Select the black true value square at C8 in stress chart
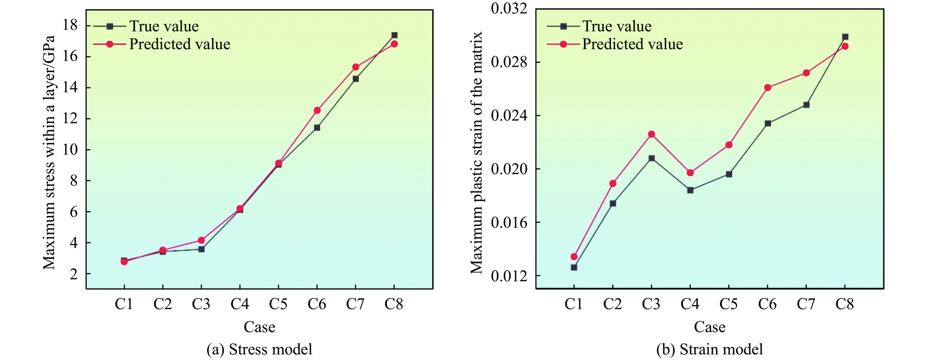point(394,35)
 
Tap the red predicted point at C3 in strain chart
point(651,134)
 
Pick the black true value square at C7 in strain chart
point(806,105)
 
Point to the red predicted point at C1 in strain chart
point(574,257)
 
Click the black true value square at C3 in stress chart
point(201,249)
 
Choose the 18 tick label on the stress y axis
point(70,25)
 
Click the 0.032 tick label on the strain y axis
point(509,9)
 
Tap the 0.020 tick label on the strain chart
point(509,169)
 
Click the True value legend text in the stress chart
point(164,26)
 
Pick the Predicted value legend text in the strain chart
point(632,44)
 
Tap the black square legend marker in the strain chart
point(563,26)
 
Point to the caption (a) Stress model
point(259,349)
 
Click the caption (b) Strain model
point(710,349)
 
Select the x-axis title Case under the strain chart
point(710,327)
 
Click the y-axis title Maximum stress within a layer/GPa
point(49,153)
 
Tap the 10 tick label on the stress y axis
point(70,150)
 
